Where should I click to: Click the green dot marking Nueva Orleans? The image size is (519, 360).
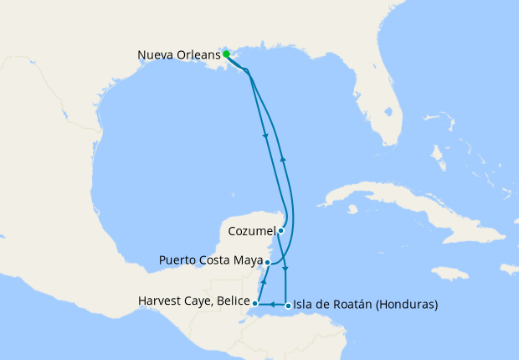[226, 54]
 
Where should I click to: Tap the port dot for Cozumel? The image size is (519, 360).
[281, 230]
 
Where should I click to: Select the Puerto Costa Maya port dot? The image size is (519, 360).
[267, 262]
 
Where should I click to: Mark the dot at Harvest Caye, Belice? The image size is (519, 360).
[254, 303]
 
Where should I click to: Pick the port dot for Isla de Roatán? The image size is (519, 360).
[288, 306]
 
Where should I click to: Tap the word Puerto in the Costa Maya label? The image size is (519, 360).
[177, 261]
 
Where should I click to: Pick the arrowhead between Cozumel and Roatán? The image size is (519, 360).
[286, 270]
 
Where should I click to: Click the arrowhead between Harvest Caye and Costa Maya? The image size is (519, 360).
[263, 276]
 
